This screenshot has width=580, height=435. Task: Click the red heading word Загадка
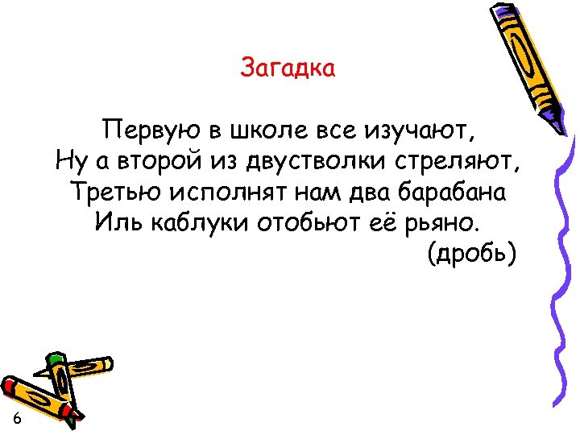pyautogui.click(x=288, y=68)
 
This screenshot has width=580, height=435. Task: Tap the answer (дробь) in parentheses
pyautogui.click(x=471, y=255)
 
